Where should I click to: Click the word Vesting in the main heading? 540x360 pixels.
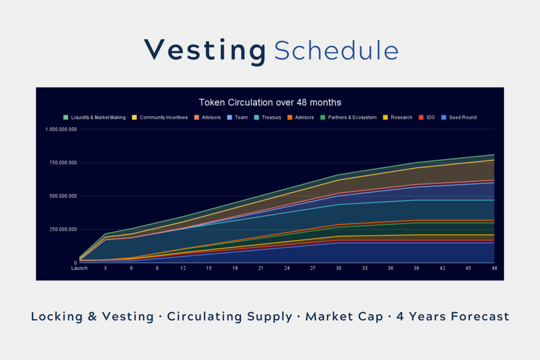click(205, 51)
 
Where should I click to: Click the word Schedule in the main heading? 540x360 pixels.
click(336, 51)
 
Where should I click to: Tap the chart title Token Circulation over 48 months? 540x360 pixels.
click(270, 102)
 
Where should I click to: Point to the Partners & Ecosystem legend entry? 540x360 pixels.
click(348, 117)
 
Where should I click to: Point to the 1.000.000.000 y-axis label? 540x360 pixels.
click(61, 129)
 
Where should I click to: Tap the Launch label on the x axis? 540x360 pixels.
click(80, 269)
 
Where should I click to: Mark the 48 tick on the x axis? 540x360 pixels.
click(494, 269)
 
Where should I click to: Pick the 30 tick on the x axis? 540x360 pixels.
click(339, 269)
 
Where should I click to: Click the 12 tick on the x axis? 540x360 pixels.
click(183, 269)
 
